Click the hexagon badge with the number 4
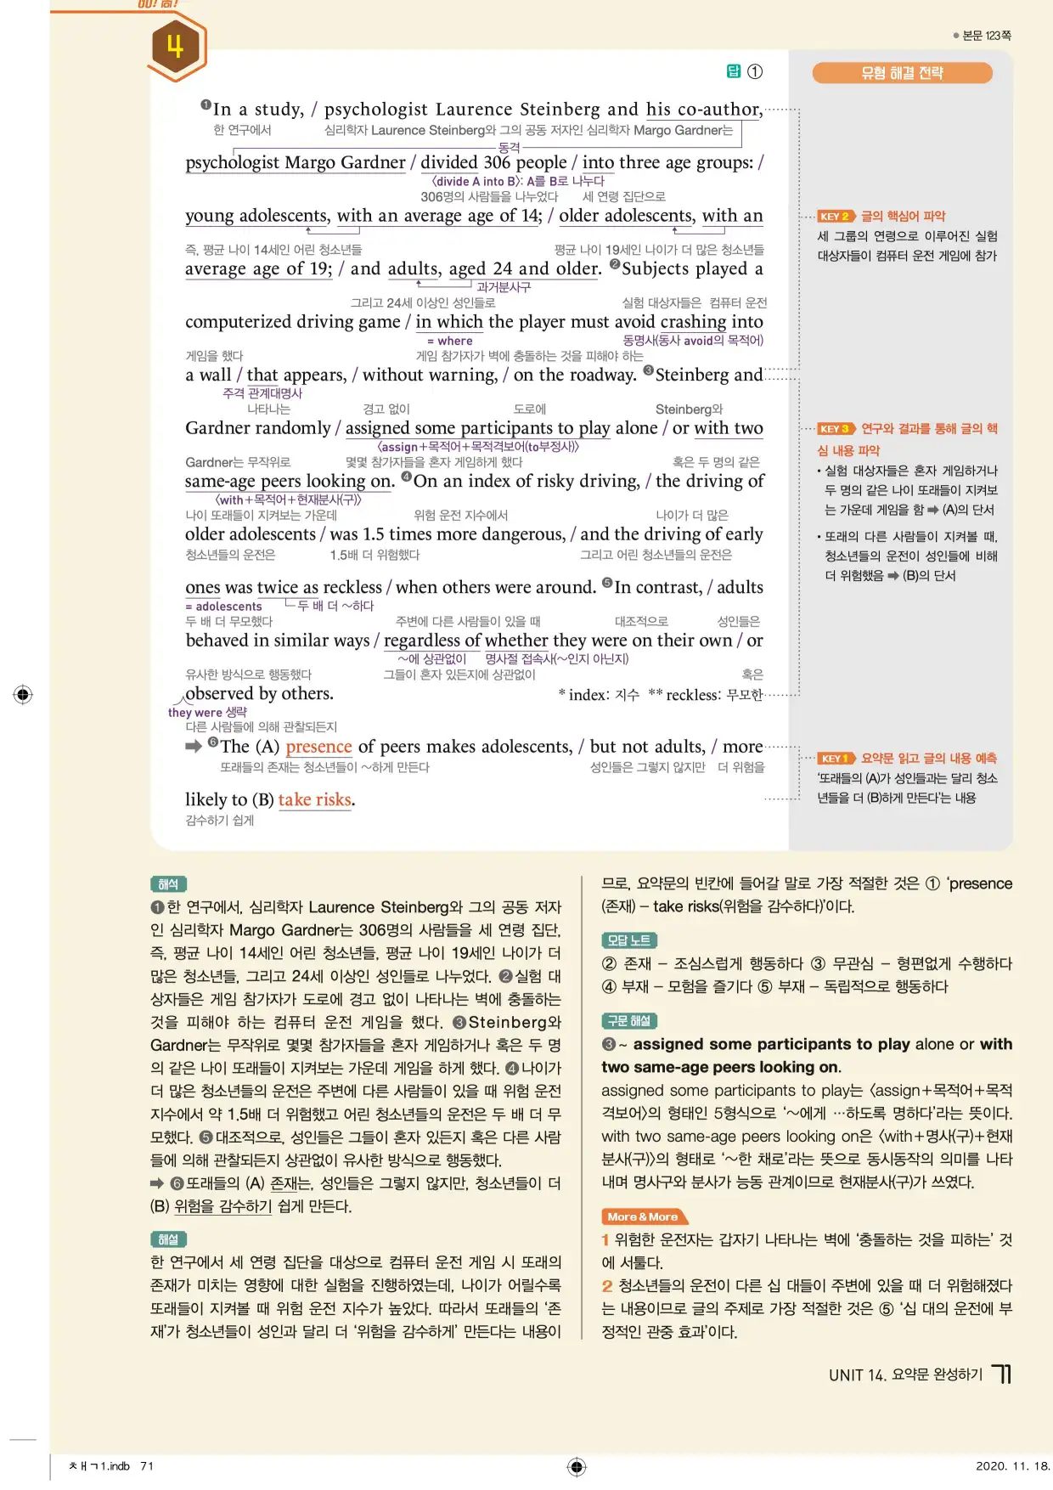tap(175, 47)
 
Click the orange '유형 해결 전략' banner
tap(902, 73)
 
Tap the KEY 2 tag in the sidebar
tap(835, 217)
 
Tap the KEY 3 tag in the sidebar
tap(835, 429)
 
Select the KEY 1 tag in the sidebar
tap(835, 759)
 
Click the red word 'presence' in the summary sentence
tap(318, 747)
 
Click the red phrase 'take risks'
tap(314, 799)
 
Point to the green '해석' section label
tap(168, 884)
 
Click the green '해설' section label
tap(168, 1239)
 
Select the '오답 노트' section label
tap(628, 940)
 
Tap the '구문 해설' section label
tap(629, 1021)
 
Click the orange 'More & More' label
tap(643, 1216)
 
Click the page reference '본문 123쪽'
tap(986, 36)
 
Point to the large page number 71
tap(1002, 1374)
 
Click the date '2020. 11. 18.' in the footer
tap(1012, 1465)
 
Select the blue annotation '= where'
tap(450, 341)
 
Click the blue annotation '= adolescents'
tap(223, 607)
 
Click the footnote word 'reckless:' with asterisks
tap(693, 695)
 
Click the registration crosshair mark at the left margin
tap(23, 694)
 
